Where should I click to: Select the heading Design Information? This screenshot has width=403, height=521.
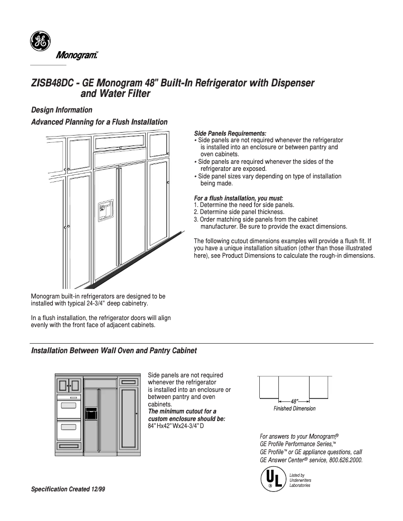tap(61, 110)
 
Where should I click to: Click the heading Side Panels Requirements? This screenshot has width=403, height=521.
tap(230, 133)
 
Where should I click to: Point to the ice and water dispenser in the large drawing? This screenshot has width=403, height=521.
tap(106, 211)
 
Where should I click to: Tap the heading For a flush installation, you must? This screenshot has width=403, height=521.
tap(239, 198)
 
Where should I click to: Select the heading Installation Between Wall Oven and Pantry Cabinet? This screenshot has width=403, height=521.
tap(114, 350)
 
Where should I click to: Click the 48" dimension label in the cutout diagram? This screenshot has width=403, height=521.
tap(294, 401)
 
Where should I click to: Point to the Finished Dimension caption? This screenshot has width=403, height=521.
tap(294, 408)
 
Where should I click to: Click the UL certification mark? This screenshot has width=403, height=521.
tap(272, 479)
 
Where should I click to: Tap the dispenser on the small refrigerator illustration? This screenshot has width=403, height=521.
tap(91, 413)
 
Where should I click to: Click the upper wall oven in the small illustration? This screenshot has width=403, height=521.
tap(68, 405)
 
